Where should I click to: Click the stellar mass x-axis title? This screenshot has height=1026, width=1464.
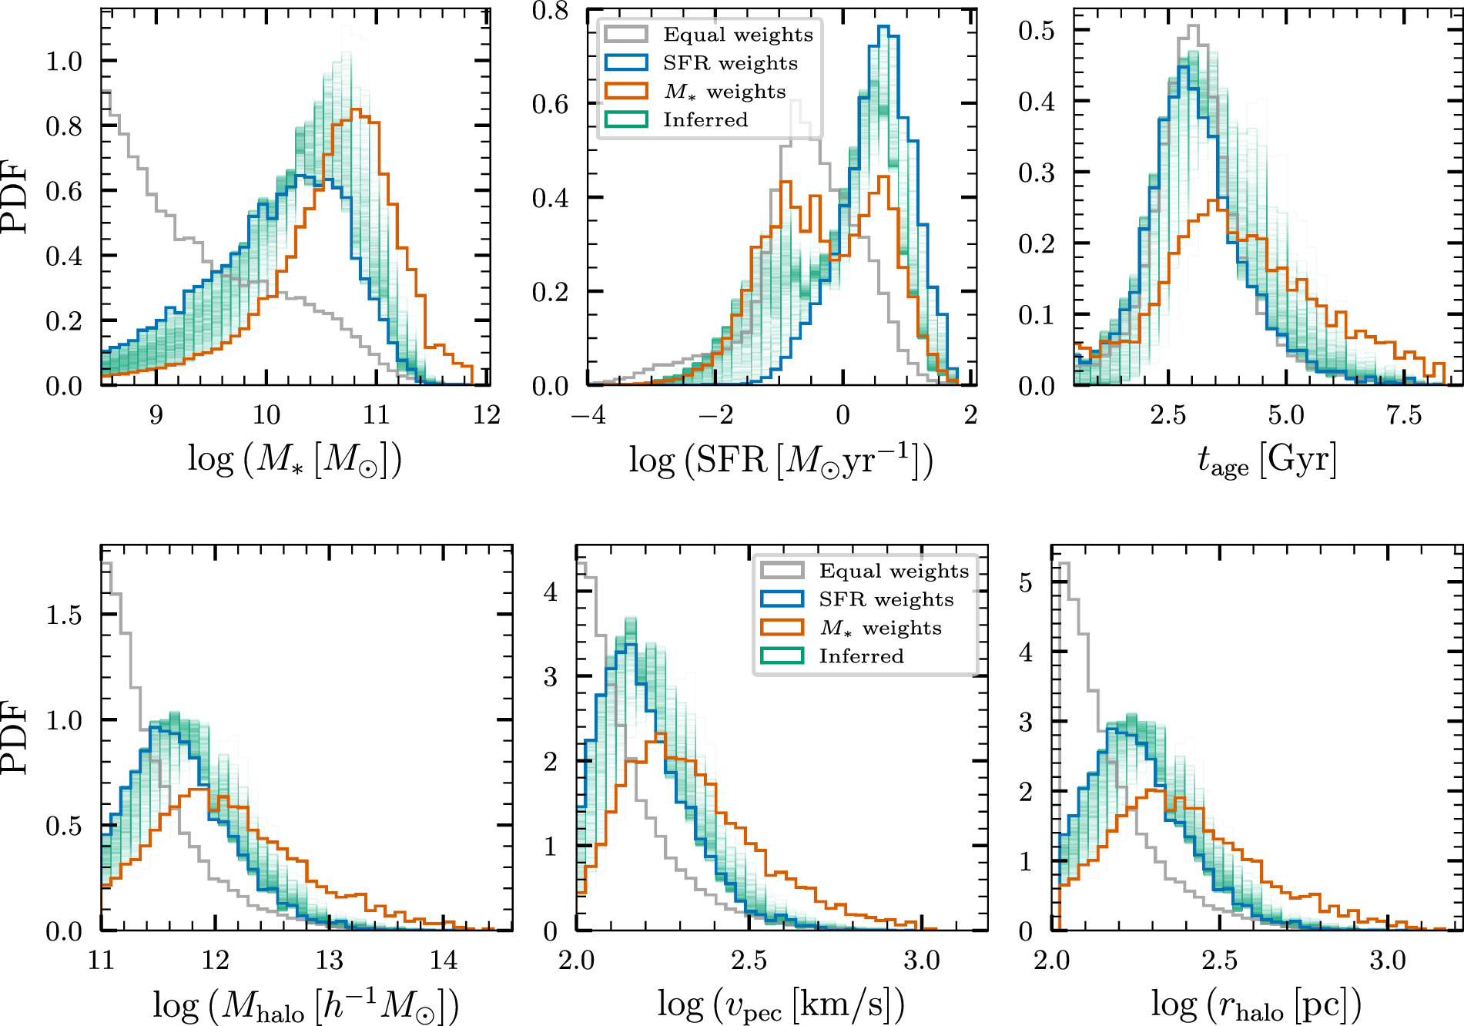click(x=295, y=460)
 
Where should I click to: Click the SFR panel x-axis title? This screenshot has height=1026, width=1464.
click(x=781, y=460)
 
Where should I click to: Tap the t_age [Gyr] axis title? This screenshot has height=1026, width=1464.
click(x=1267, y=460)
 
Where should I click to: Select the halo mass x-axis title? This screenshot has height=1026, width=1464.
click(x=306, y=1005)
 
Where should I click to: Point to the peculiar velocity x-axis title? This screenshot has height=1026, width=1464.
click(x=781, y=1005)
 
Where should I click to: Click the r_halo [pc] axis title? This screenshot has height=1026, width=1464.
click(x=1256, y=1005)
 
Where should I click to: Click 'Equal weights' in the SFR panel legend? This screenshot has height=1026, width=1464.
click(x=738, y=35)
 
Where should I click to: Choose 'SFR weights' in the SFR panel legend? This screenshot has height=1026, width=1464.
click(x=730, y=63)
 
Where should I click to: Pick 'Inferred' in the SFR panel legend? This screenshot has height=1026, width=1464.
click(x=705, y=120)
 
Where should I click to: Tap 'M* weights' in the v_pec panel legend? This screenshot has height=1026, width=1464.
click(x=880, y=628)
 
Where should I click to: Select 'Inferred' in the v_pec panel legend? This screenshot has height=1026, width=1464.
click(x=861, y=656)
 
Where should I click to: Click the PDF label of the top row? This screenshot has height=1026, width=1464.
click(x=15, y=196)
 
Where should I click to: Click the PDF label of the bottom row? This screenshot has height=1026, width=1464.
click(x=15, y=737)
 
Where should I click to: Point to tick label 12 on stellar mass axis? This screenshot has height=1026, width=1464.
click(x=487, y=415)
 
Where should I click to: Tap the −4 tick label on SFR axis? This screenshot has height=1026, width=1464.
click(x=588, y=415)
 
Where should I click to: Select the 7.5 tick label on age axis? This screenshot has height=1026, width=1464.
click(x=1403, y=415)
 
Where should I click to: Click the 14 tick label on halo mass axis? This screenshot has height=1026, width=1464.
click(x=444, y=961)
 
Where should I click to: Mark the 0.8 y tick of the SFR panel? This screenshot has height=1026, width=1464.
click(x=550, y=11)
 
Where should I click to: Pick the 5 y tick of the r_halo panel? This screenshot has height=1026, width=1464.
click(x=1026, y=583)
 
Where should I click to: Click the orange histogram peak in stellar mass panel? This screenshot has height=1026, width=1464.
click(x=355, y=110)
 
